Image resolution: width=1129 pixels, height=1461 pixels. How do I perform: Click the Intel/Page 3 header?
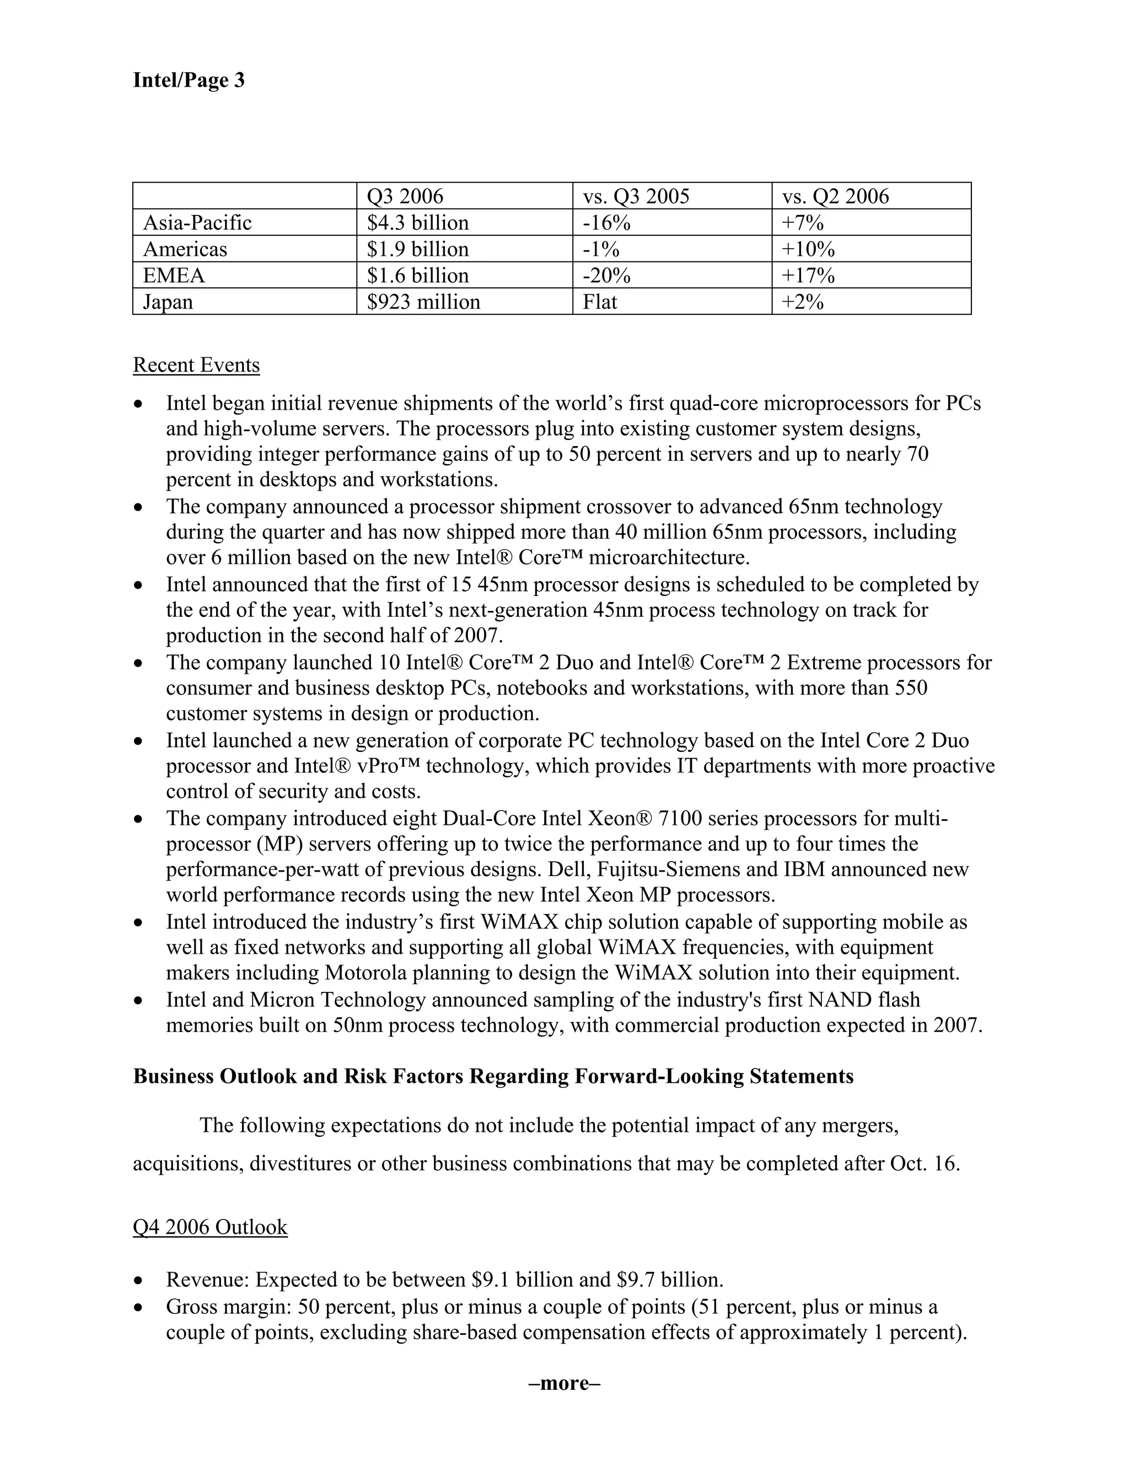[x=189, y=80]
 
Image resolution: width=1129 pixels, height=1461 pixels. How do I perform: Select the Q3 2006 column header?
[x=405, y=196]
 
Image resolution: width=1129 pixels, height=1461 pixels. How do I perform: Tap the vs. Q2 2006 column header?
[x=835, y=196]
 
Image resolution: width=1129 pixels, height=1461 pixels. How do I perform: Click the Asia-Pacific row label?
[x=197, y=223]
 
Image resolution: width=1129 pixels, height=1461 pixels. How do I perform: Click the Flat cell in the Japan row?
[x=599, y=302]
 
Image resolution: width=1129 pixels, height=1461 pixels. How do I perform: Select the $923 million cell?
[x=423, y=302]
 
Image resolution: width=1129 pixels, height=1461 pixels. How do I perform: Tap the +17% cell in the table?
[x=807, y=276]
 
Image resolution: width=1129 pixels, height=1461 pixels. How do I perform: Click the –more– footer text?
[x=564, y=1383]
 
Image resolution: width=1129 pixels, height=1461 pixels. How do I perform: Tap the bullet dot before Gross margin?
[x=138, y=1307]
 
